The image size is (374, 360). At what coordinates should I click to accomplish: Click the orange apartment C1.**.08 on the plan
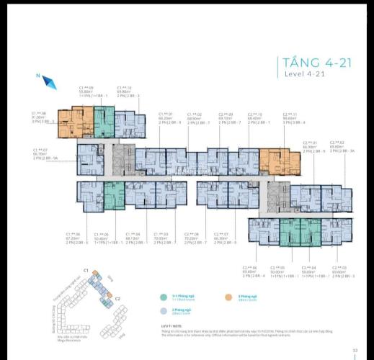coord(74,122)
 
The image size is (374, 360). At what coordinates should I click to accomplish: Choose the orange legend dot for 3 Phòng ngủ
coord(233,296)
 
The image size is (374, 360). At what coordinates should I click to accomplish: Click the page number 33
coord(355,351)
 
